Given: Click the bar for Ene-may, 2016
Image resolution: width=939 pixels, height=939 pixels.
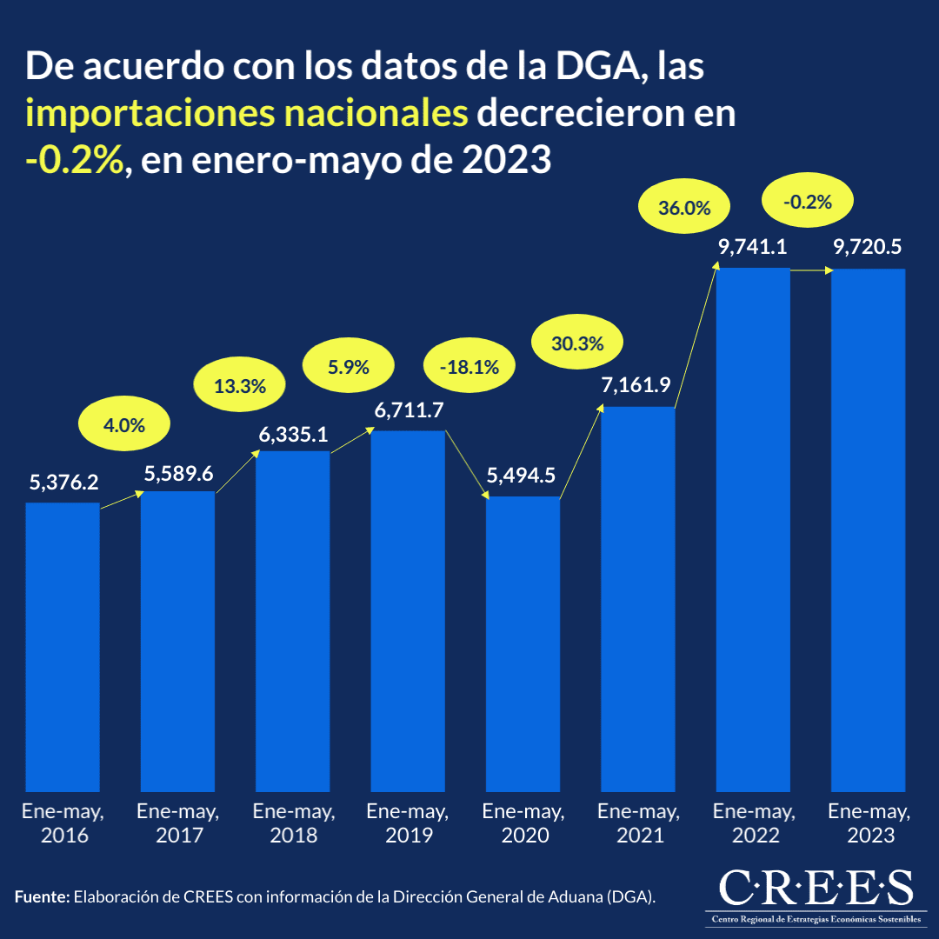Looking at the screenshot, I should point(63,648).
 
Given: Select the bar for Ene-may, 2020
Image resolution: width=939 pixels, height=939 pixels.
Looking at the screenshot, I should point(523,644).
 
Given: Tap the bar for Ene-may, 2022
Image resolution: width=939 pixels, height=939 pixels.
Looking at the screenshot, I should point(753,530).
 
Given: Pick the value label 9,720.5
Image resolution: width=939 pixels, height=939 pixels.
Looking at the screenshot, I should point(867,248).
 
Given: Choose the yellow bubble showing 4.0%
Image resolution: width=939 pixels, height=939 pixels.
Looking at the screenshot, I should point(123,425).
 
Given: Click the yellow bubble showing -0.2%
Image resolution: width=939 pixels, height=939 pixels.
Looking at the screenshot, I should point(808,203).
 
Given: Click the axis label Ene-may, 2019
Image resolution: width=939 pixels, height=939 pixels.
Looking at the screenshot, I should point(408,823).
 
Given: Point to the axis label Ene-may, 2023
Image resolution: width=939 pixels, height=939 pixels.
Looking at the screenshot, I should point(869,823).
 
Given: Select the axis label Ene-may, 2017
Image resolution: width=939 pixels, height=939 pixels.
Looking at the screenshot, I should point(178,823).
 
